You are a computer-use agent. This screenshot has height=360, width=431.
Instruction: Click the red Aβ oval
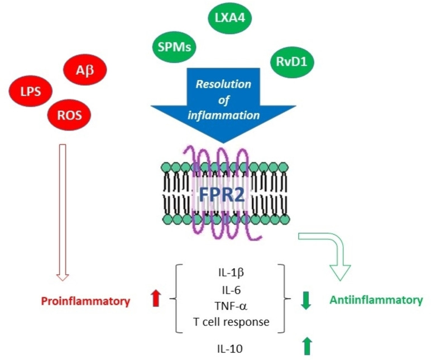(84, 71)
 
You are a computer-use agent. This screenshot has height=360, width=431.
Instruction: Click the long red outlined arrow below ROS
(63, 212)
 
